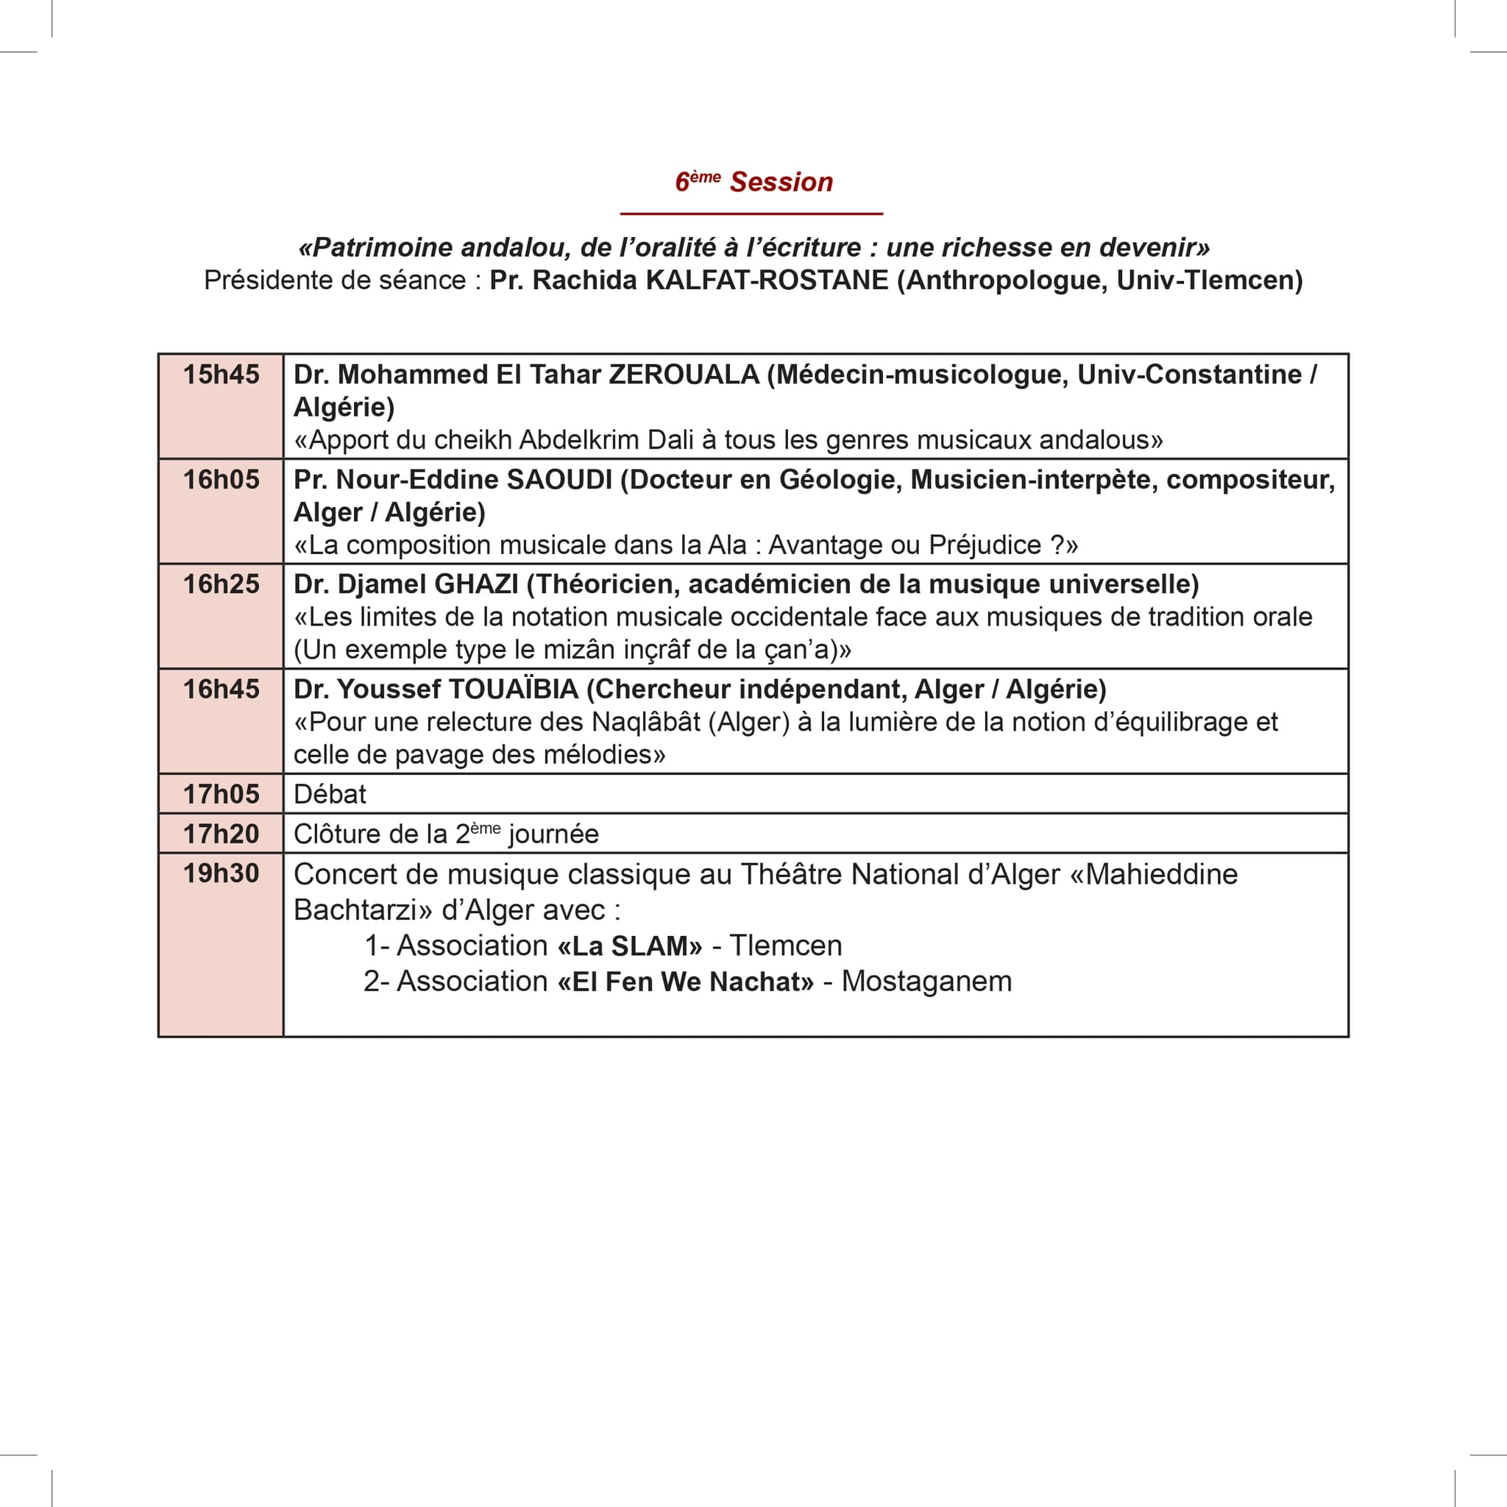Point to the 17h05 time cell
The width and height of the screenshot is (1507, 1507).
[x=221, y=794]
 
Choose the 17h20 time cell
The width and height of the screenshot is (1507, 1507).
[x=221, y=834]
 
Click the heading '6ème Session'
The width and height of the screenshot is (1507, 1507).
[x=753, y=182]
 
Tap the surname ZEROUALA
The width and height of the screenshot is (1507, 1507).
[x=684, y=375]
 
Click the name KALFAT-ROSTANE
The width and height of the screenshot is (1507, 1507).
[x=767, y=281]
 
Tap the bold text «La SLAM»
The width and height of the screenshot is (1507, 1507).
[x=629, y=946]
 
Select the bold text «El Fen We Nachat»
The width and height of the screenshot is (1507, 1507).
[x=686, y=982]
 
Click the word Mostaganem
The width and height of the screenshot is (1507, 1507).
[x=926, y=982]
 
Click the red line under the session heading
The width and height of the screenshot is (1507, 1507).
[x=751, y=213]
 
